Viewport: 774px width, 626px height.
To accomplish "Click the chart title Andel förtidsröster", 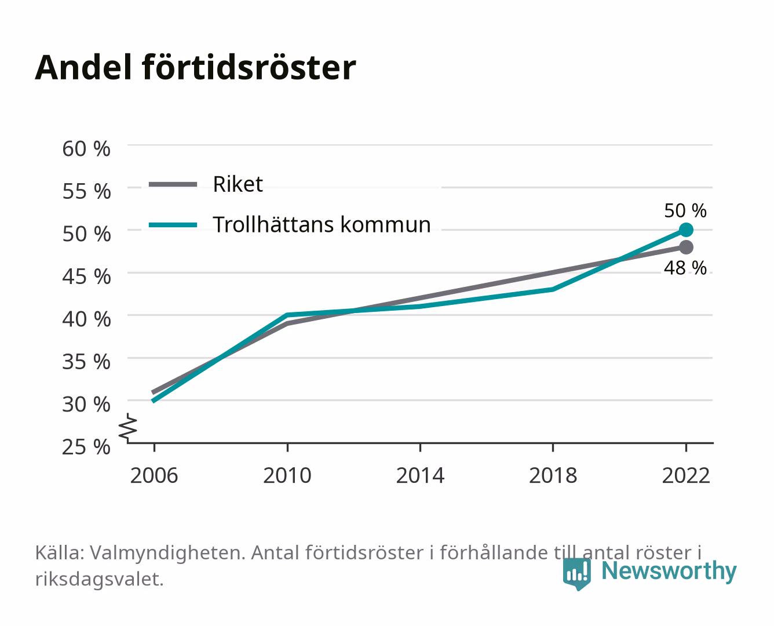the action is point(195,68).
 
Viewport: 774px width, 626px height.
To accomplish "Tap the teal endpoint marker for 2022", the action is point(686,230).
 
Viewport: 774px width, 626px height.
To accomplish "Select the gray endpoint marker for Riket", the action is point(686,247).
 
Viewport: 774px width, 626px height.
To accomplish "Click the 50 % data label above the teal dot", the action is point(685,210).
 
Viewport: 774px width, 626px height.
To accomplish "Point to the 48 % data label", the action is point(685,268).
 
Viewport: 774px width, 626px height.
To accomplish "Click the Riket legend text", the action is point(238,184).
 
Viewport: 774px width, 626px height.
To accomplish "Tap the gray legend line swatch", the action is point(173,184).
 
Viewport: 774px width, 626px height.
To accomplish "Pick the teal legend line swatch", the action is point(173,225).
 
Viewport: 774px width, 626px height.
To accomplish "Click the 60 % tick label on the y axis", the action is point(86,149).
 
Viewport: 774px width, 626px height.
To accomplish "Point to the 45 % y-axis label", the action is point(86,276).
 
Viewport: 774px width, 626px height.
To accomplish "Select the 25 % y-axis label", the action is point(86,447).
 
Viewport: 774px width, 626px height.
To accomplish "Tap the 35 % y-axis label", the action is point(86,362).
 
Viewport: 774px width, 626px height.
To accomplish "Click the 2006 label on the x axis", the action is point(154,475).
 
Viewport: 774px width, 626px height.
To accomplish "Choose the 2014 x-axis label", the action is point(420,475).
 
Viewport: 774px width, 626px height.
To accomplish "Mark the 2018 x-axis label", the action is point(553,475).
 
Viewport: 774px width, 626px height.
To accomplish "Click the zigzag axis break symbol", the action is point(128,428).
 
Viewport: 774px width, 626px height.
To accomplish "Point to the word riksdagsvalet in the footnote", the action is point(99,579).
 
